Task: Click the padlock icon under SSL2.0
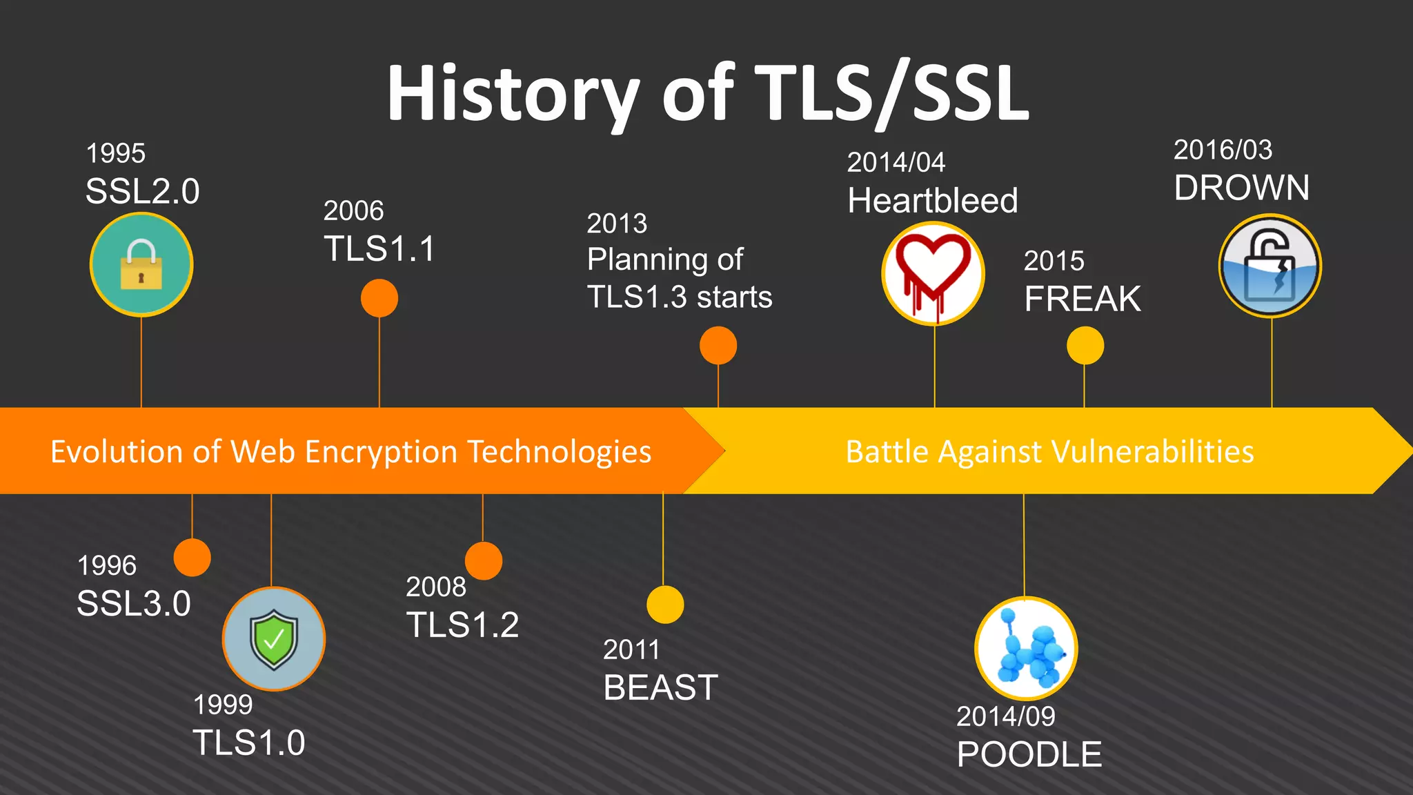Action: [141, 265]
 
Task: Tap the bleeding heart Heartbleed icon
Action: [933, 274]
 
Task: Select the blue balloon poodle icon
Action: [1026, 649]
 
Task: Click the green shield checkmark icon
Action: [274, 639]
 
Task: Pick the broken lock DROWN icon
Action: [1270, 266]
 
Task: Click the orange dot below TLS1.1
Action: [379, 298]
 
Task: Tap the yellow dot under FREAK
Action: [1085, 346]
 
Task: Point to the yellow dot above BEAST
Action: [665, 605]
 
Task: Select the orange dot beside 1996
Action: [192, 558]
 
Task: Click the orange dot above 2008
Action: [484, 560]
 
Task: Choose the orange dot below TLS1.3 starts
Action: [718, 345]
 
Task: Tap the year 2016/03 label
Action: [1223, 150]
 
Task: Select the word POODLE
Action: [1029, 754]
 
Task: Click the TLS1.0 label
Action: [249, 743]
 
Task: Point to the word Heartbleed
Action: [933, 201]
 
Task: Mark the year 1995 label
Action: [116, 153]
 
